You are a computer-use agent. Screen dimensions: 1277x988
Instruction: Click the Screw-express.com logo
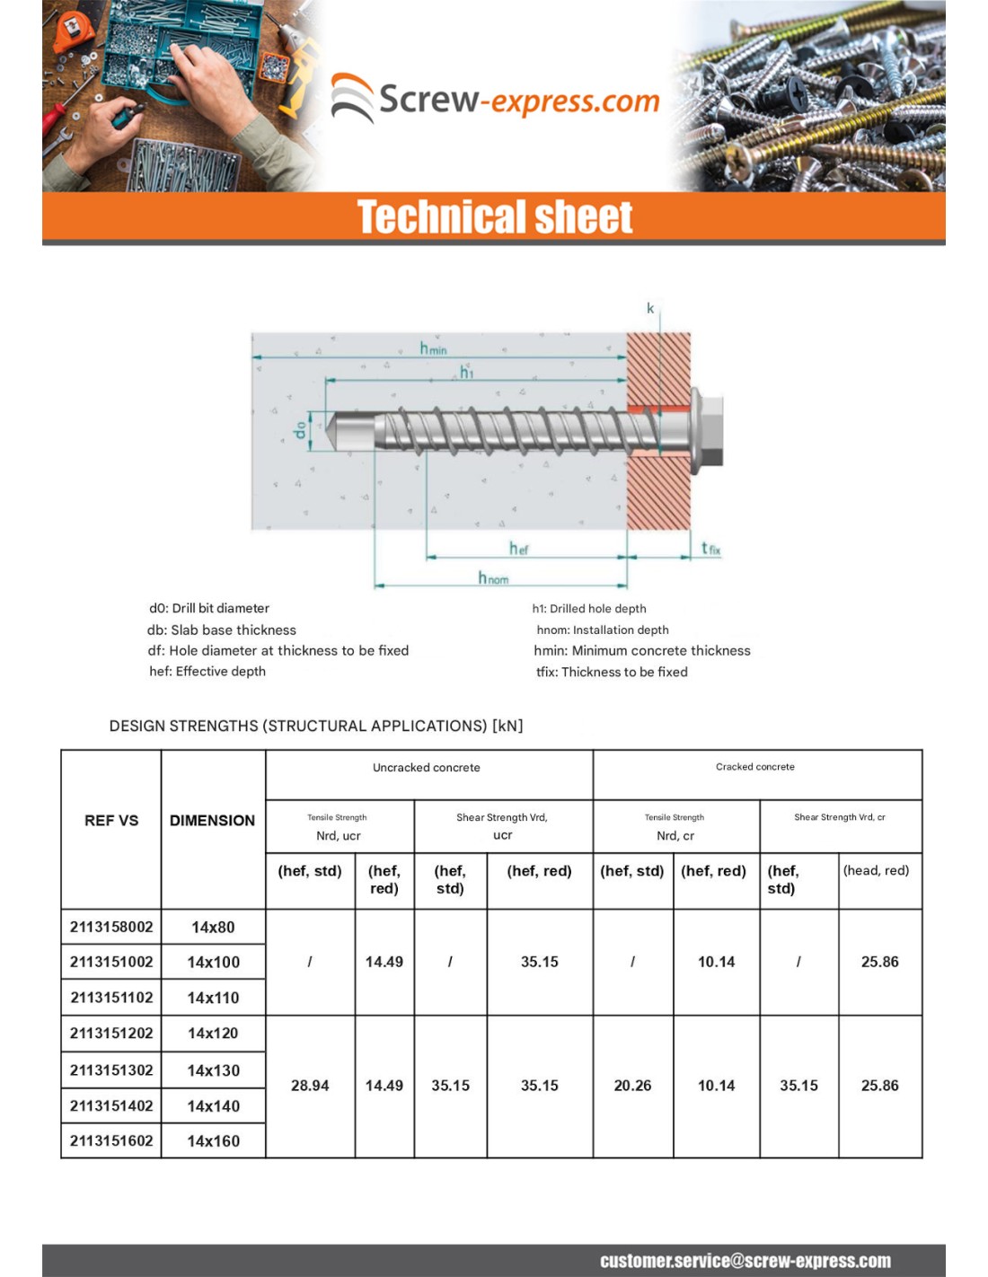click(x=496, y=99)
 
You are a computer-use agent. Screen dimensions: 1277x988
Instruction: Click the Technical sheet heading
click(x=495, y=217)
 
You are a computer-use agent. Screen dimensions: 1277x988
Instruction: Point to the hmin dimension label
click(x=433, y=348)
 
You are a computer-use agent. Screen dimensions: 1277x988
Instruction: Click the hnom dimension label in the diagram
click(x=493, y=577)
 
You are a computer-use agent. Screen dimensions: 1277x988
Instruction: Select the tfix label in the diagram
click(x=710, y=548)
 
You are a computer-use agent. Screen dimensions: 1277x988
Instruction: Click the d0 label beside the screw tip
click(x=300, y=431)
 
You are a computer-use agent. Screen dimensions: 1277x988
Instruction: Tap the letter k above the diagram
click(x=650, y=308)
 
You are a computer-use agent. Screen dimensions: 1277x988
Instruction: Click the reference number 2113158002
click(x=111, y=927)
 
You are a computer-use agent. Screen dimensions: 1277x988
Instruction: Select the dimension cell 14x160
click(x=213, y=1141)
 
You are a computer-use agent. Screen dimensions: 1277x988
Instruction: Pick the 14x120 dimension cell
click(x=213, y=1033)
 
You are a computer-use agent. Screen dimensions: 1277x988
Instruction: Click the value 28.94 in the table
click(x=310, y=1086)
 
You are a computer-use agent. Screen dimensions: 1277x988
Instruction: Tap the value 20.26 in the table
click(x=632, y=1086)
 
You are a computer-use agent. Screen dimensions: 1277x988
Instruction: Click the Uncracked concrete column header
click(x=427, y=768)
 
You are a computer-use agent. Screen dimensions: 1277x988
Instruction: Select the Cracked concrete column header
click(x=754, y=767)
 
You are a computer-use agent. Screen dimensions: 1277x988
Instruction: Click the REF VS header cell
click(x=111, y=820)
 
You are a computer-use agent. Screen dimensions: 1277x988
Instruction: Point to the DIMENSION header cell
click(x=212, y=820)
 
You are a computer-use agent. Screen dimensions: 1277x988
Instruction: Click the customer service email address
click(x=745, y=1261)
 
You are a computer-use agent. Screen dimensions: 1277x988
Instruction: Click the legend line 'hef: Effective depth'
click(x=207, y=671)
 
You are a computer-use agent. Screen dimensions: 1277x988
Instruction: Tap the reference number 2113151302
click(x=111, y=1070)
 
